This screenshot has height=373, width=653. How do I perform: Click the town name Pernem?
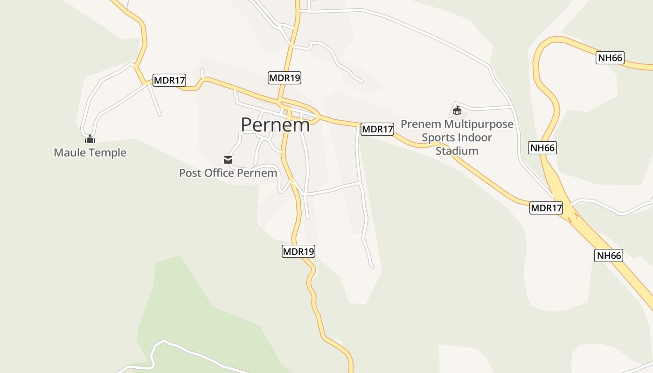tap(275, 125)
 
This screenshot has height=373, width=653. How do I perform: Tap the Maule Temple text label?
tap(90, 152)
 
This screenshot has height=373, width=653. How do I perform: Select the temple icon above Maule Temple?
tap(90, 139)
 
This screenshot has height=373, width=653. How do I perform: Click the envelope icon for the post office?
tap(228, 160)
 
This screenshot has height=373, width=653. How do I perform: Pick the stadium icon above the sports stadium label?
tap(457, 111)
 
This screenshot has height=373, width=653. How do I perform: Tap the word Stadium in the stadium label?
tap(457, 151)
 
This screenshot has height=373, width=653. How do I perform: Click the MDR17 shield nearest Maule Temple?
tap(170, 80)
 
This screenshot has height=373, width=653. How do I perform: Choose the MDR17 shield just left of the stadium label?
tap(377, 129)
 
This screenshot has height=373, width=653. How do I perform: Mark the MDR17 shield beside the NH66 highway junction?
tap(546, 208)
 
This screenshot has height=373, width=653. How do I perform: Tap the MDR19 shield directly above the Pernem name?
tap(285, 78)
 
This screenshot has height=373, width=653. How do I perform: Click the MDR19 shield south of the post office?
tap(299, 251)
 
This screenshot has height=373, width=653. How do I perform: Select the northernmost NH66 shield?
tap(610, 58)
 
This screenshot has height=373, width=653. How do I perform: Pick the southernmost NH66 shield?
tap(609, 256)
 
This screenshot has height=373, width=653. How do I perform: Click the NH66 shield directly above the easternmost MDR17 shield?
tap(543, 148)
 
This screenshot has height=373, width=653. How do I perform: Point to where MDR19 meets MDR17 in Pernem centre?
tap(280, 101)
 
